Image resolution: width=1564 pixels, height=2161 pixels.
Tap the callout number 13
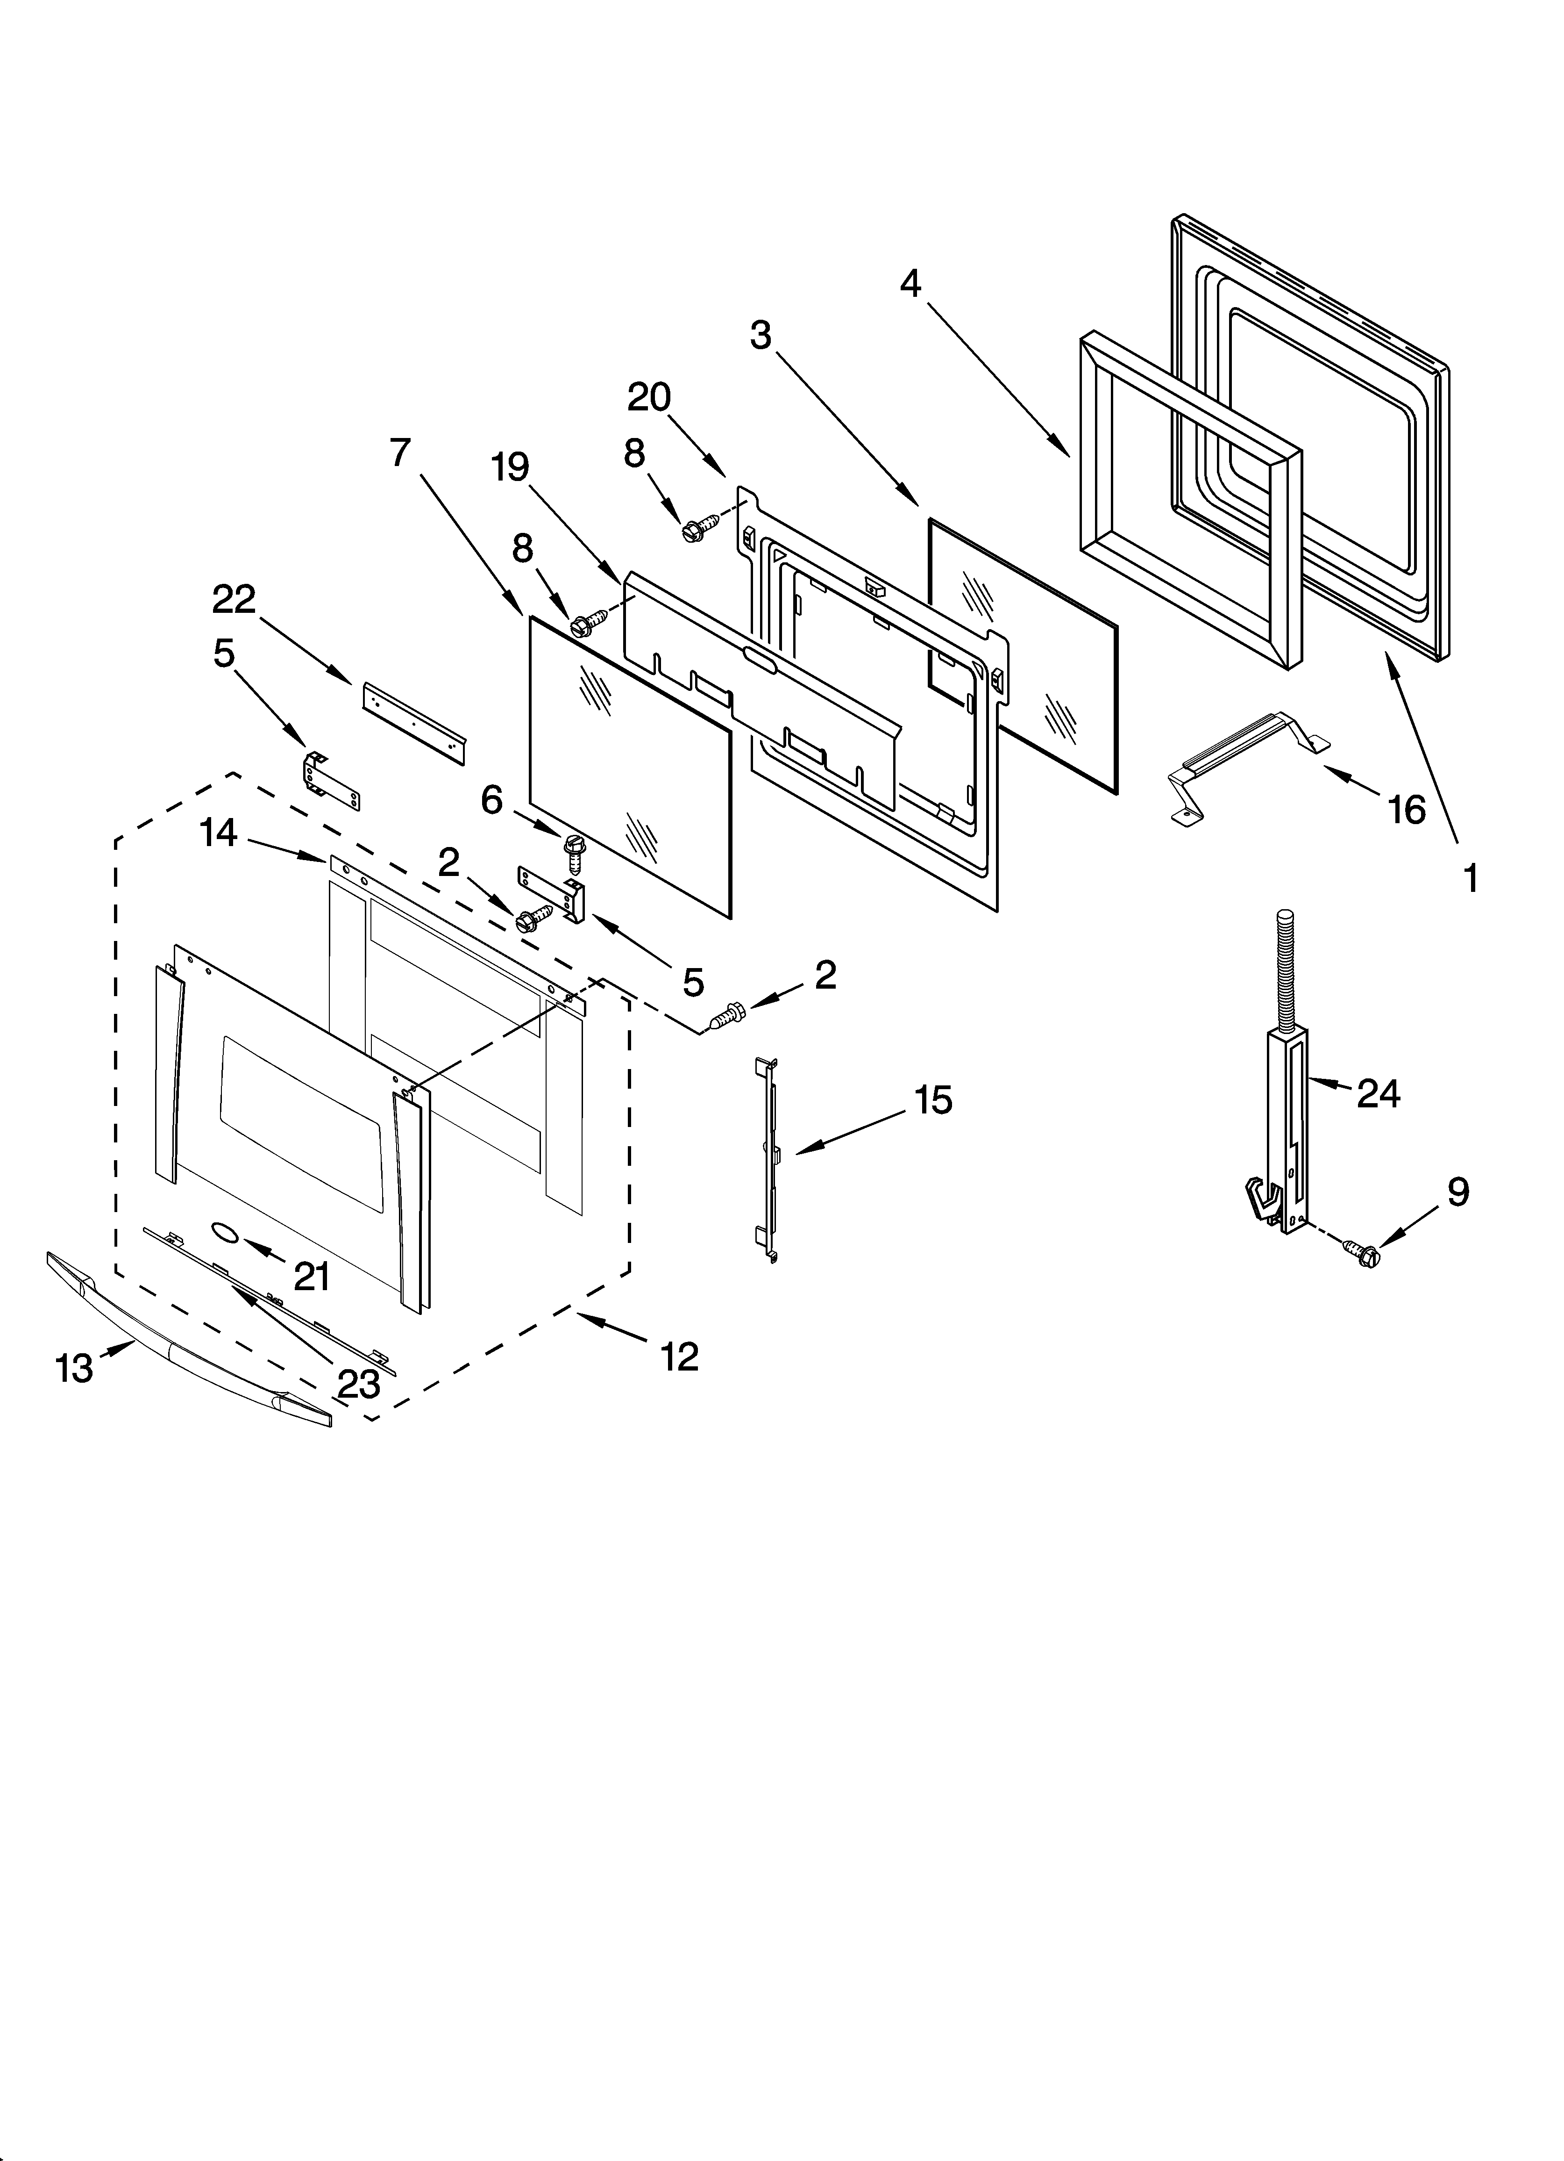pos(74,1369)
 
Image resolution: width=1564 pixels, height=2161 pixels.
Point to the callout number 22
pos(234,599)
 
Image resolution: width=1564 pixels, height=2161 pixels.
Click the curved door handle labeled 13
pos(191,1334)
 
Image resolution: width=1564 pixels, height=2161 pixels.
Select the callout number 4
pos(910,283)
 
